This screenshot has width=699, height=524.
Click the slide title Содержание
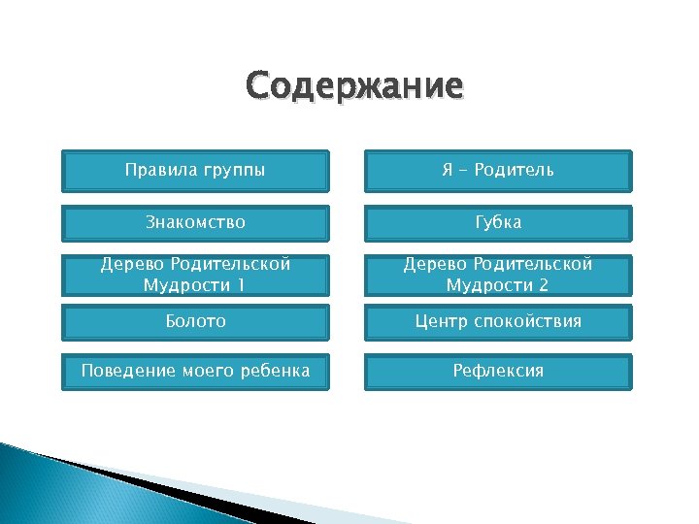[354, 86]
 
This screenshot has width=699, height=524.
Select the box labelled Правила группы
[195, 171]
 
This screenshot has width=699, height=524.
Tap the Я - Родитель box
[498, 171]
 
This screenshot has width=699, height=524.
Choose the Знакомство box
[195, 222]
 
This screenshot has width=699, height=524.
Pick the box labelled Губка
[498, 222]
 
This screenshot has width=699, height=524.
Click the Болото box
[195, 321]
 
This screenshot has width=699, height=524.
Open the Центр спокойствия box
[498, 321]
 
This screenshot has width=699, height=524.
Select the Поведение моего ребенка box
[195, 372]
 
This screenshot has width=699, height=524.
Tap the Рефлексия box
[498, 372]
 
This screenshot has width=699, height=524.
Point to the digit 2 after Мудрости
[545, 285]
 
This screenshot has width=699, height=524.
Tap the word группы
[233, 172]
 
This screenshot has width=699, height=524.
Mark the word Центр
[443, 321]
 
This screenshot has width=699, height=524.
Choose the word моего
[205, 372]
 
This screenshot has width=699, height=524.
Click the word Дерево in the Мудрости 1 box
[132, 264]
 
